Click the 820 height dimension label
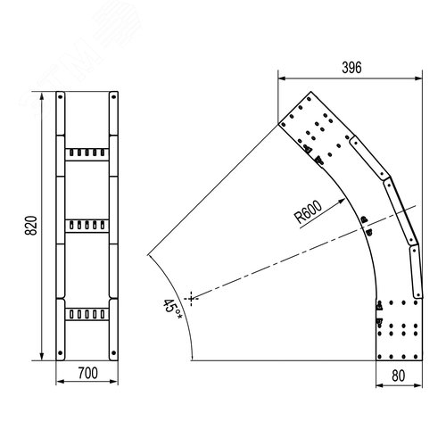tap(31, 226)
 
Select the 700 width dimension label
tap(87, 373)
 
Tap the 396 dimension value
tap(351, 68)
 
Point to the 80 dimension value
tap(399, 376)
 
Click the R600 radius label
tap(308, 212)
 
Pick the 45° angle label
tap(172, 310)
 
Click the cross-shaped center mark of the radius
tap(191, 298)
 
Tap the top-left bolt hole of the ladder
tap(61, 97)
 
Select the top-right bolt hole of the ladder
tap(113, 97)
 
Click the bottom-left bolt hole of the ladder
tap(61, 353)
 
